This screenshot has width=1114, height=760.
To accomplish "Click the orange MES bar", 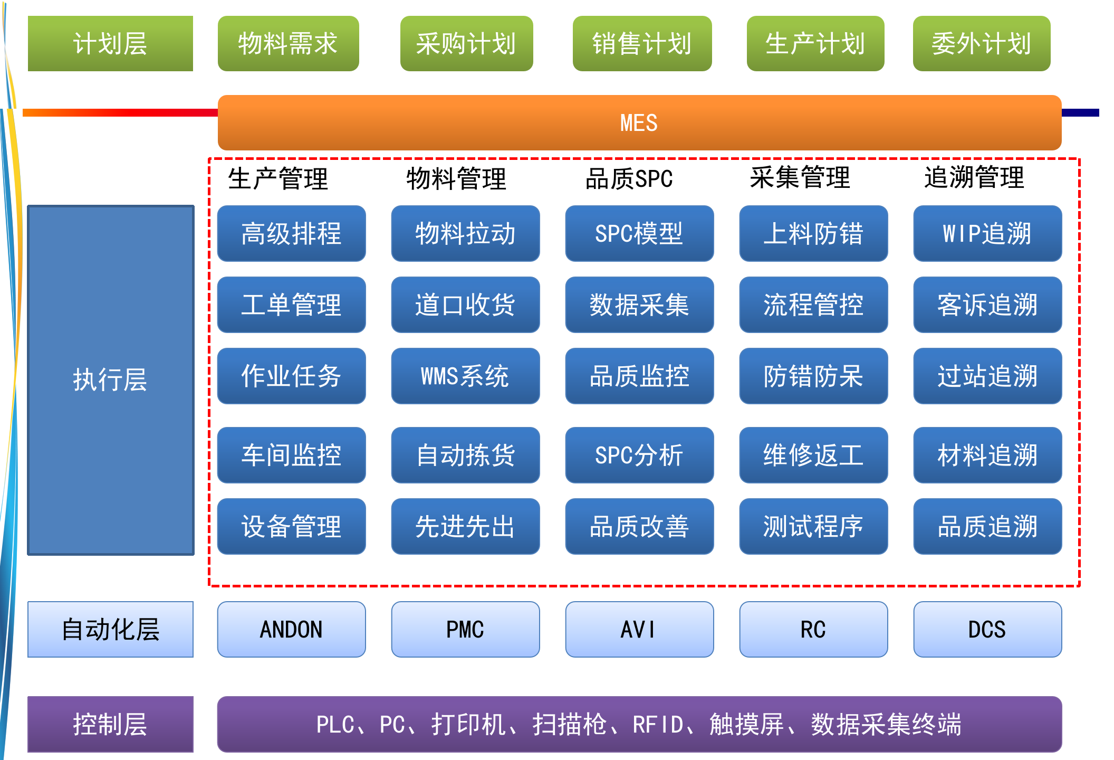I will coord(639,122).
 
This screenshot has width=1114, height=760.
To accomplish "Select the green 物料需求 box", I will coord(288,43).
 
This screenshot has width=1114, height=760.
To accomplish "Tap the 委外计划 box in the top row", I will coord(981,43).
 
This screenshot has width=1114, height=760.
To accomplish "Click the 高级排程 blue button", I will coord(291,233).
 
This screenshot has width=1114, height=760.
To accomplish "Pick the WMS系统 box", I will coord(465,376).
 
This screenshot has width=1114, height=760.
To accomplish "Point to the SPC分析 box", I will coord(639,455).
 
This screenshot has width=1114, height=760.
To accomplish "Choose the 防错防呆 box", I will coord(813,376).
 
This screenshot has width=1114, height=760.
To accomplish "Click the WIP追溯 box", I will coord(987,233).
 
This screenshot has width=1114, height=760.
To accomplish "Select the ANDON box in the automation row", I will coord(291,629).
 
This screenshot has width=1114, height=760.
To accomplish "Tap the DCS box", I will coord(987,629).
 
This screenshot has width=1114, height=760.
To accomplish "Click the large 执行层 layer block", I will coord(111,380).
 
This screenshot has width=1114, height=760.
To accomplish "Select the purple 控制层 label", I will coord(111,724).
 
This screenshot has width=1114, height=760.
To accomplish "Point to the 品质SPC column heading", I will coord(629,178).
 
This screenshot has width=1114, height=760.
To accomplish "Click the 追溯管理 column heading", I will coord(974,177).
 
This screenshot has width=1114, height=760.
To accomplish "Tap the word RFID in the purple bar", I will coord(657,724).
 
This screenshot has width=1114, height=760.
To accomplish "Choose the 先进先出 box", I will coord(465,526).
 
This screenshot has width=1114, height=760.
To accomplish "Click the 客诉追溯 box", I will coord(987,305).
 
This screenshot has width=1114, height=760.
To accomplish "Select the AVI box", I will coord(639,629).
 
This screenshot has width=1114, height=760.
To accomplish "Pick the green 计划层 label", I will coord(111,43).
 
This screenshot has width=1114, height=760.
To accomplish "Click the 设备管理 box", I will coord(291,526).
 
